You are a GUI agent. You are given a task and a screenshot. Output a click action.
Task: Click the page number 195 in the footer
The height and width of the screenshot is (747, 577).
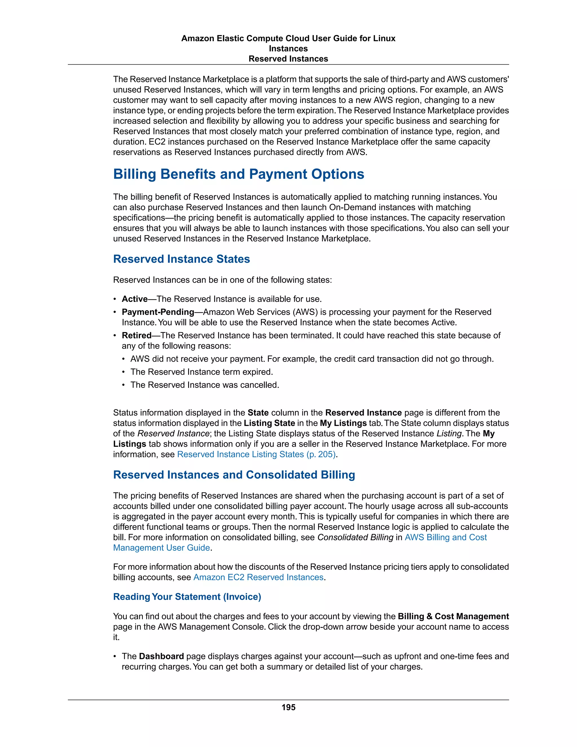click(x=288, y=707)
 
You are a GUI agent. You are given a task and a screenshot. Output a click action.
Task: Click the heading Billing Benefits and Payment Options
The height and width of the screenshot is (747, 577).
click(x=238, y=174)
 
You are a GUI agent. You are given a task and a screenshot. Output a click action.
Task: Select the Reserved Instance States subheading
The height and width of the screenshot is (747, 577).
click(x=181, y=259)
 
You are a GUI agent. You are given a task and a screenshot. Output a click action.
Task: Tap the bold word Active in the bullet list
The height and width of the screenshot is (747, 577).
click(x=134, y=299)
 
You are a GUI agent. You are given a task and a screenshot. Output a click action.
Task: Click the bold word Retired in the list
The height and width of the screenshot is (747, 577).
click(x=136, y=335)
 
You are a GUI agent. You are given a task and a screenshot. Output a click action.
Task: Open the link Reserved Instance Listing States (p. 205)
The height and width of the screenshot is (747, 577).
click(x=256, y=454)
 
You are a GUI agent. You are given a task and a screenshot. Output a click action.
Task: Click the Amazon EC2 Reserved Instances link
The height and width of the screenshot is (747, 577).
click(x=258, y=577)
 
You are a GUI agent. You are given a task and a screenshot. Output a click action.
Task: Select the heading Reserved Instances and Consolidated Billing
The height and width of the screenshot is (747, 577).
click(x=234, y=475)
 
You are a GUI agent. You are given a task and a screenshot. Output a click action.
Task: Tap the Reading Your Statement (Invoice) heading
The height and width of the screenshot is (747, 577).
click(x=187, y=596)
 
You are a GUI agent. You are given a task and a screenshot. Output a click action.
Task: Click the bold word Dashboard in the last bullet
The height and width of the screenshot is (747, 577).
click(x=161, y=656)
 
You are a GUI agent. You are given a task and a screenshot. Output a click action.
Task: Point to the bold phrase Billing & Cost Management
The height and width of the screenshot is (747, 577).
click(x=453, y=616)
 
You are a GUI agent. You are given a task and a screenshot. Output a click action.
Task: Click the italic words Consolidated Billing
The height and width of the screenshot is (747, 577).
click(x=355, y=537)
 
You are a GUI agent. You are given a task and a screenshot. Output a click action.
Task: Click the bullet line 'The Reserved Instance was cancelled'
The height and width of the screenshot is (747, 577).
click(x=205, y=385)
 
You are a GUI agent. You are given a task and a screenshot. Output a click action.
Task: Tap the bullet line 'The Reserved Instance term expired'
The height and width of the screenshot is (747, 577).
click(x=201, y=372)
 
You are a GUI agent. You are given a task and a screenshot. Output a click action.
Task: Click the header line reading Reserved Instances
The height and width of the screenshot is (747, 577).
click(x=288, y=59)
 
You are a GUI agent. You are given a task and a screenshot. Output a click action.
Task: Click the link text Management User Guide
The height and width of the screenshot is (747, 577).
click(x=161, y=548)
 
